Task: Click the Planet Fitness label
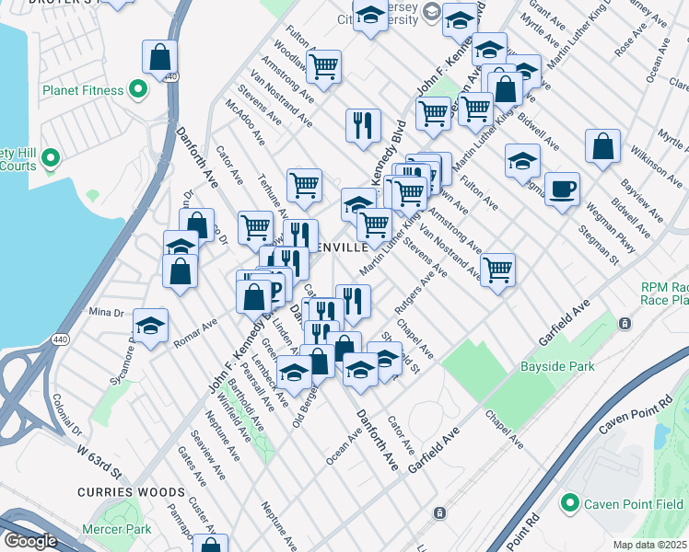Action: tap(82, 90)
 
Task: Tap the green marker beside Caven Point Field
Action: tap(570, 503)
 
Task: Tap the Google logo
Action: tap(29, 541)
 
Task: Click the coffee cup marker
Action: tap(562, 190)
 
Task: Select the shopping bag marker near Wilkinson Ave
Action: tap(602, 147)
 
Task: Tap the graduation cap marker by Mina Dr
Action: tap(150, 326)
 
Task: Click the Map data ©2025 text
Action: tap(649, 545)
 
